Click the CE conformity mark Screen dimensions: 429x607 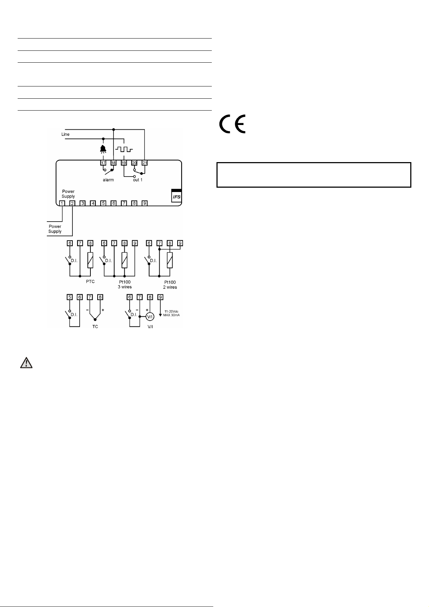point(233,124)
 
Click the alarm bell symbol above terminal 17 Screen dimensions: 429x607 point(104,149)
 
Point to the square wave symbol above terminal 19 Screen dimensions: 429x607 point(124,149)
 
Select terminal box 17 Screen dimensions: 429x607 point(103,163)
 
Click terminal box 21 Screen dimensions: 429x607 point(144,163)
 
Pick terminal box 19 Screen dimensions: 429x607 point(124,163)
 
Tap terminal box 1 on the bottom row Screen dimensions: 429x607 point(62,203)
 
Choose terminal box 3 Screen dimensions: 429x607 point(82,203)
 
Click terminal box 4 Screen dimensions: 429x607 point(93,203)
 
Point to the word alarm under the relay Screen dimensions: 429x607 point(108,180)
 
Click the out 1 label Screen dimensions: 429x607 point(138,180)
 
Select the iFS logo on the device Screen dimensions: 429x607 point(176,196)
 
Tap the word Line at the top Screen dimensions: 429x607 point(65,134)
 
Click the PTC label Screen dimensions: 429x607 point(90,282)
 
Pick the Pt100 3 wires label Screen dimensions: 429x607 point(125,285)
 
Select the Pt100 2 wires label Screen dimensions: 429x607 point(170,285)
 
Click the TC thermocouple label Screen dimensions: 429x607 point(95,327)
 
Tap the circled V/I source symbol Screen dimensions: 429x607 point(150,317)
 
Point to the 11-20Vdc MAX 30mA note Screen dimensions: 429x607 point(171,313)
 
